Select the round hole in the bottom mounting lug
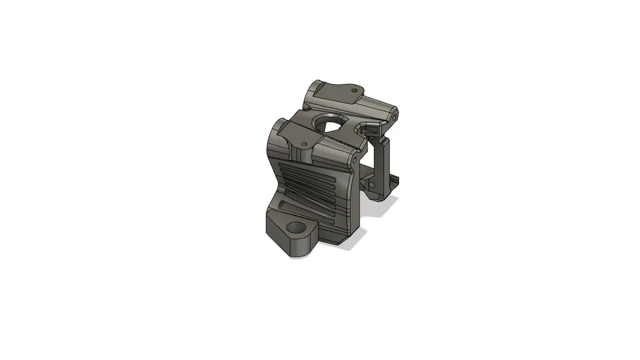(297, 228)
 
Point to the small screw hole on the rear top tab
(354, 90)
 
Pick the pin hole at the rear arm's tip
(396, 117)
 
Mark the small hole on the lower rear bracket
(372, 185)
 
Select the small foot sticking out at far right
(396, 182)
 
